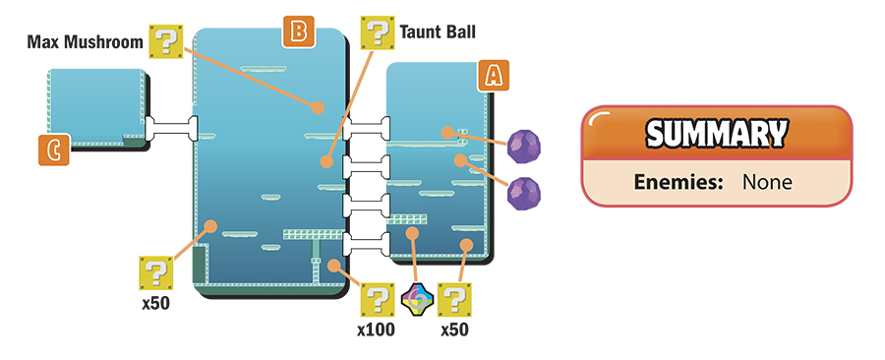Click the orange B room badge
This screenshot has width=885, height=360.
click(298, 31)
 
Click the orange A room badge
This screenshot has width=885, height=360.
click(494, 76)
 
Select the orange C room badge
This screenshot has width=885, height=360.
click(54, 150)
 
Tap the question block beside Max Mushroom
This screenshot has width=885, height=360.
click(166, 41)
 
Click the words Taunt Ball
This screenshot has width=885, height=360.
click(438, 31)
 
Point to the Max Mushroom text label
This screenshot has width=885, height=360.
click(86, 41)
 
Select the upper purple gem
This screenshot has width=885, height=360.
click(524, 147)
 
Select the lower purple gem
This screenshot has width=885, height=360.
click(524, 193)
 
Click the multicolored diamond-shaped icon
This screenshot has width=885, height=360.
click(417, 299)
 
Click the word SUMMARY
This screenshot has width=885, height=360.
click(716, 134)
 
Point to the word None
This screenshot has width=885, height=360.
click(767, 182)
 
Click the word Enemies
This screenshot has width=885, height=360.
click(678, 182)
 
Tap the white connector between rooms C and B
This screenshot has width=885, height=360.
click(172, 128)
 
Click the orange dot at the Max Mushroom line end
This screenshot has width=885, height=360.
click(319, 107)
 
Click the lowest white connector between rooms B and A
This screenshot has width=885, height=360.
click(367, 244)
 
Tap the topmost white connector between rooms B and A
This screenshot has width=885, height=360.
click(367, 129)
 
